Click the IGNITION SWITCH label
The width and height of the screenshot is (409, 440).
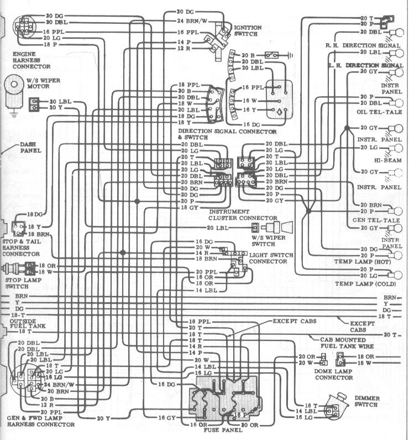point(248,30)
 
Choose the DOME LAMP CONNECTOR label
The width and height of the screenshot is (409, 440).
point(333,374)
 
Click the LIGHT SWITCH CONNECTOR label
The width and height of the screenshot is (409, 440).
point(270,257)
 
